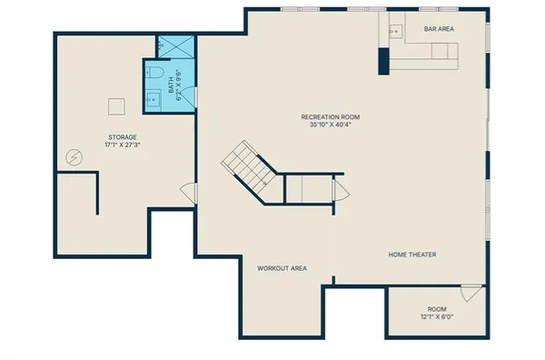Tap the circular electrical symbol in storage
click(x=74, y=158)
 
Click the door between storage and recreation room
click(x=189, y=193)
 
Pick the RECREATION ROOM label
click(x=331, y=117)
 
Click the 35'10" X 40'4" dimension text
click(x=331, y=125)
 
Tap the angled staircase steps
click(x=245, y=164)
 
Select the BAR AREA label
click(x=440, y=29)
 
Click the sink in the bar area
click(x=396, y=30)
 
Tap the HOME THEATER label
click(x=412, y=255)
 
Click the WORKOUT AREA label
click(x=282, y=268)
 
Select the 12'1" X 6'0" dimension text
click(x=438, y=317)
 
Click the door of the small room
click(x=471, y=294)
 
